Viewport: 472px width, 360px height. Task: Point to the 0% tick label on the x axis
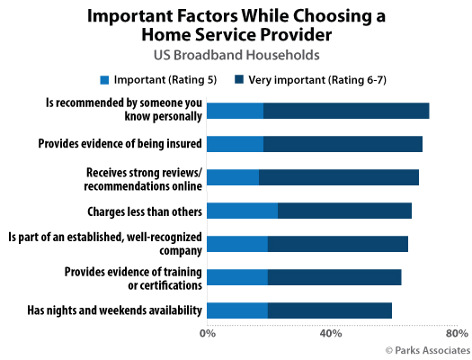(207, 334)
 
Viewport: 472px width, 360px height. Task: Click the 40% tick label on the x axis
(331, 334)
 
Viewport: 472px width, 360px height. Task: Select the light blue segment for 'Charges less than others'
(242, 211)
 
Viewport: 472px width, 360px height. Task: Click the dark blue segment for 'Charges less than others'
(344, 211)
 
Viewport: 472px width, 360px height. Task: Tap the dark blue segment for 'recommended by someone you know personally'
(346, 111)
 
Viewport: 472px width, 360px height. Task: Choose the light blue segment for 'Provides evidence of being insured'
(235, 144)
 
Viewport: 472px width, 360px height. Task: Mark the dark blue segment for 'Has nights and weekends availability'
(329, 310)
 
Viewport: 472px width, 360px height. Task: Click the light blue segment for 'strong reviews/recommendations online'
(233, 177)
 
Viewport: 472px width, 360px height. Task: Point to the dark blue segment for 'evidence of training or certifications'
(334, 277)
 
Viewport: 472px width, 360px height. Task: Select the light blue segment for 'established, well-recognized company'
(237, 244)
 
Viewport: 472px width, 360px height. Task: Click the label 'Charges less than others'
(140, 211)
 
